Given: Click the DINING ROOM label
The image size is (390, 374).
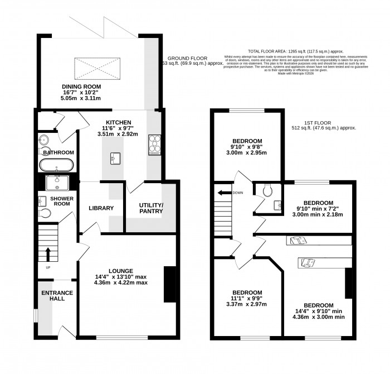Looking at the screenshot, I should coord(81,87).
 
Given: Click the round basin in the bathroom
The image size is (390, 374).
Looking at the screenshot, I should coord(43,140).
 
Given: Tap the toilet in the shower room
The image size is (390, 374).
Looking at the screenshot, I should coord(44,213).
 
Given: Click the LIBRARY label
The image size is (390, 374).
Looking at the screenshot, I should coord(101,209).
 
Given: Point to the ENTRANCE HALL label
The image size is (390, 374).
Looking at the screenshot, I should coord(55,296).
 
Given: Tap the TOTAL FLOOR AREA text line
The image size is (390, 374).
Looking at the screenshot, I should coord(296,50).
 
